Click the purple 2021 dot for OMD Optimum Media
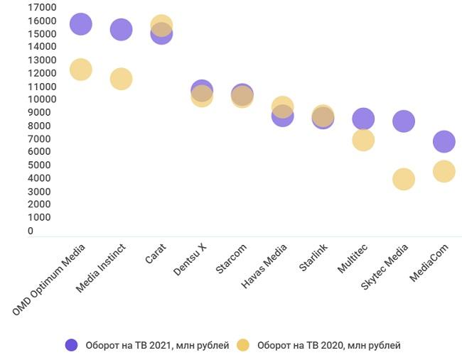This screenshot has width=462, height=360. pyautogui.click(x=81, y=24)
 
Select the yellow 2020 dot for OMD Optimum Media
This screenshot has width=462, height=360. pyautogui.click(x=81, y=70)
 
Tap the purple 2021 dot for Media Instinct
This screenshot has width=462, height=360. pyautogui.click(x=121, y=30)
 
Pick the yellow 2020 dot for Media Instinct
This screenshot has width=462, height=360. pyautogui.click(x=121, y=79)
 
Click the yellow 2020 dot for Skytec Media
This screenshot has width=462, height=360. pyautogui.click(x=403, y=179)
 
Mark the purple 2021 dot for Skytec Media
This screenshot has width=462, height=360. pyautogui.click(x=403, y=121)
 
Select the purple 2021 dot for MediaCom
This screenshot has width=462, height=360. pyautogui.click(x=444, y=141)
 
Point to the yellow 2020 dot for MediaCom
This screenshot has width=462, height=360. pyautogui.click(x=444, y=171)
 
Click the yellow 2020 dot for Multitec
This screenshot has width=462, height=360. pyautogui.click(x=362, y=140)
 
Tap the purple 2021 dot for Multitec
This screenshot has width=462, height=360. pyautogui.click(x=362, y=119)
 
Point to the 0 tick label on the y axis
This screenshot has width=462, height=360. pyautogui.click(x=31, y=231)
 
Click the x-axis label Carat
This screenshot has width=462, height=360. pyautogui.click(x=156, y=254)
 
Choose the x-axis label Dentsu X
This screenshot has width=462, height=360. pyautogui.click(x=190, y=260)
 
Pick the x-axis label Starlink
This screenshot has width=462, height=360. pyautogui.click(x=313, y=258)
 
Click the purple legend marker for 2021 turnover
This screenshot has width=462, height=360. pyautogui.click(x=71, y=345)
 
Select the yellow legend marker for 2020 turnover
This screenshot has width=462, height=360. pyautogui.click(x=243, y=345)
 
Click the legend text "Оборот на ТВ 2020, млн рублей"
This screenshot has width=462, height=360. pyautogui.click(x=328, y=346)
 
